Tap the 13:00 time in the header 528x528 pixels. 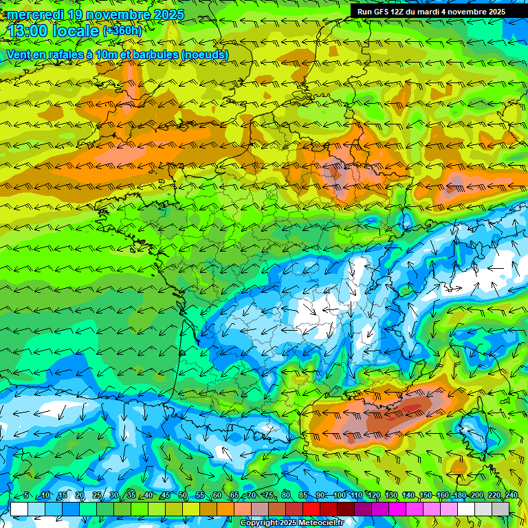click(30, 31)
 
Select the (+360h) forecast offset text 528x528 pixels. click(122, 31)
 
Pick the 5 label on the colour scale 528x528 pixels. click(25, 496)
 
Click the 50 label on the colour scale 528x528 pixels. click(183, 496)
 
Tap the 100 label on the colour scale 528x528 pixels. click(340, 496)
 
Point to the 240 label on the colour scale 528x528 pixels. click(511, 496)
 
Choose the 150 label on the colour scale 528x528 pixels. click(426, 496)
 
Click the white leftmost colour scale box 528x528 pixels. click(19, 509)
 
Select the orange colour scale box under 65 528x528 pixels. click(225, 509)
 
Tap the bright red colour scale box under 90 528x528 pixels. click(311, 509)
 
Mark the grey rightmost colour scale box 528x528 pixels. click(500, 509)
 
